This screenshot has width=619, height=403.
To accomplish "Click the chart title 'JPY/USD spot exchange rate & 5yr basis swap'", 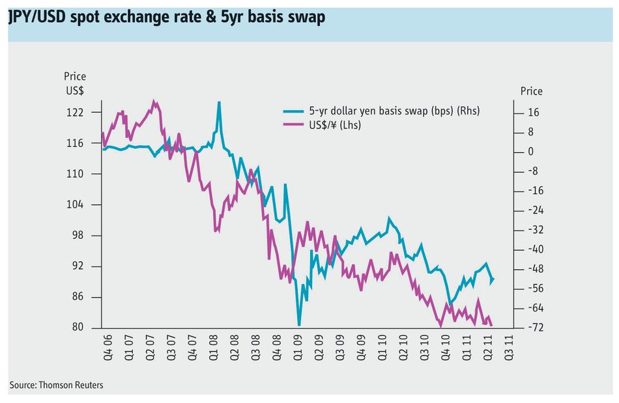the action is pyautogui.click(x=167, y=18).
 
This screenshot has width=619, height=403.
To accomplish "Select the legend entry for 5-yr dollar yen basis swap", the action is pyautogui.click(x=381, y=111).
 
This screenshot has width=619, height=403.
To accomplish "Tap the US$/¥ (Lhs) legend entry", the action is pyautogui.click(x=322, y=125).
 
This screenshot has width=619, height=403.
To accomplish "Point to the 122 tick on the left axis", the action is pyautogui.click(x=75, y=113).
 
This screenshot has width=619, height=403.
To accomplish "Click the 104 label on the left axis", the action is pyautogui.click(x=75, y=204).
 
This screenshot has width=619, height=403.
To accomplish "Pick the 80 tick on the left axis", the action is pyautogui.click(x=78, y=327).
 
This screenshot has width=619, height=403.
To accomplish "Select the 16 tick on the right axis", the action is pyautogui.click(x=534, y=113).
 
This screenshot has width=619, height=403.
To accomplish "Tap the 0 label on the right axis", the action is pyautogui.click(x=530, y=152).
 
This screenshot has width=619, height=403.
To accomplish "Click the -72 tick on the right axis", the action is pyautogui.click(x=536, y=327).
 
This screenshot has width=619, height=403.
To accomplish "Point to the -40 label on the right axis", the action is pyautogui.click(x=536, y=249).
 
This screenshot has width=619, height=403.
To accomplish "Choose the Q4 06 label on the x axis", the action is pyautogui.click(x=108, y=348).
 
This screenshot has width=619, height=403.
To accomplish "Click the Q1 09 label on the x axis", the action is pyautogui.click(x=298, y=348).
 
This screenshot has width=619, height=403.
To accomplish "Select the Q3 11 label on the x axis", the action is pyautogui.click(x=510, y=348).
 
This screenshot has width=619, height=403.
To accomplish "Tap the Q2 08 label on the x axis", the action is pyautogui.click(x=235, y=348).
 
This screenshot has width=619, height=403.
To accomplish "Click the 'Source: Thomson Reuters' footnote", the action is pyautogui.click(x=57, y=385).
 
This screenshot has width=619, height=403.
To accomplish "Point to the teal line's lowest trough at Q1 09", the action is pyautogui.click(x=299, y=324).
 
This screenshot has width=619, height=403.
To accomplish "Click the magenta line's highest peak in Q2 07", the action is pyautogui.click(x=154, y=102).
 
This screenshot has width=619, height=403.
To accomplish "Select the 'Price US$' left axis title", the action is pyautogui.click(x=75, y=83).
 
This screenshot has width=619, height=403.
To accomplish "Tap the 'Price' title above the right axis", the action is pyautogui.click(x=531, y=92).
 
